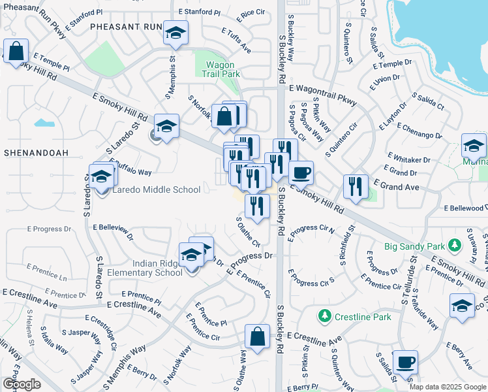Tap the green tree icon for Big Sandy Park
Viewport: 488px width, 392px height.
pos(455,246)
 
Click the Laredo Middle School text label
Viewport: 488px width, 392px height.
pos(157,190)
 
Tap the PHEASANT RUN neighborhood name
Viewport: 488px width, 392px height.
pos(125,27)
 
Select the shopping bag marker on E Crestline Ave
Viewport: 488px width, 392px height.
pos(258,336)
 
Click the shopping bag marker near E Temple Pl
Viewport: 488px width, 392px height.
pos(16,50)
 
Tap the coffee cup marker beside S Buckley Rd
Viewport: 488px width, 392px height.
pos(301,172)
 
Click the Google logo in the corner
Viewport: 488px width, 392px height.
pos(21,384)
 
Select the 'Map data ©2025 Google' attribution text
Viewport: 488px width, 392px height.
pos(447,386)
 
